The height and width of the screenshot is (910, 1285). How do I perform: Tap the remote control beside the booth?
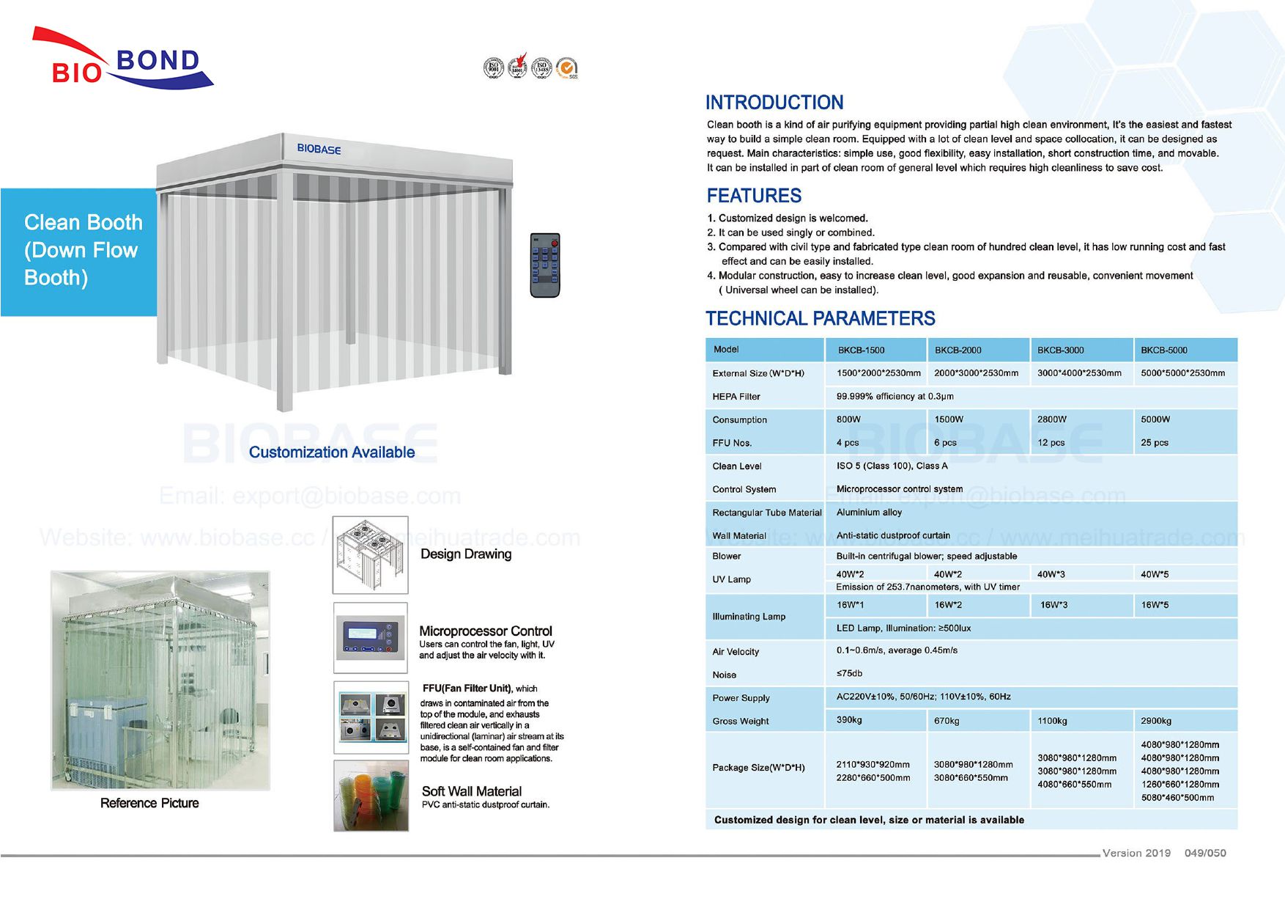pos(544,265)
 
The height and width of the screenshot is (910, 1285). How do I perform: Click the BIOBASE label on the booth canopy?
pos(319,149)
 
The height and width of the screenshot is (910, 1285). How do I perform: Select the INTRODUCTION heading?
pos(774,103)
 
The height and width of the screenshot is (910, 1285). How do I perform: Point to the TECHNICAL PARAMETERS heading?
pos(820,318)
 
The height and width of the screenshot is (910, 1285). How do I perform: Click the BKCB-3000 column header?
pos(1060,350)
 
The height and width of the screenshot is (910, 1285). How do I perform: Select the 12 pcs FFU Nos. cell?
pos(1051,443)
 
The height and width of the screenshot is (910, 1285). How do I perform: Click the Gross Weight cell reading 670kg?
pos(947,721)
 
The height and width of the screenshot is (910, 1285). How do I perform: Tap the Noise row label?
pos(724,675)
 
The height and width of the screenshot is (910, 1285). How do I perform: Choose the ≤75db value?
pos(849,673)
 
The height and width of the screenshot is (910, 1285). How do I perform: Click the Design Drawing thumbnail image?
pos(370,555)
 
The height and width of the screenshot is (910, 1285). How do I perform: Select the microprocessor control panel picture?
pos(370,638)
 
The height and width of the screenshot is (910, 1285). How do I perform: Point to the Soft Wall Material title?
pos(471,791)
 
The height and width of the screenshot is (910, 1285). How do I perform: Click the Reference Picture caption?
pos(149,803)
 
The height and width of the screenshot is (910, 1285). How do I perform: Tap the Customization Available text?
pos(331,452)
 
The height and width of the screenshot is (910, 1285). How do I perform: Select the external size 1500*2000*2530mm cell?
pos(878,373)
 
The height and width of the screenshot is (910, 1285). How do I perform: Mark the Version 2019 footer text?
pos(1136,853)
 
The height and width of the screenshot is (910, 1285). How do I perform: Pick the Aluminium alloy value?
pos(869,513)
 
